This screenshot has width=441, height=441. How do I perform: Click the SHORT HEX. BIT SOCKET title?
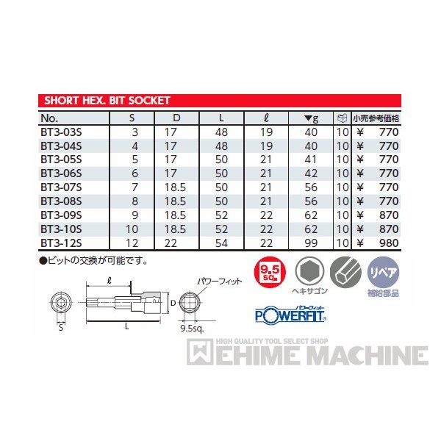click(x=107, y=101)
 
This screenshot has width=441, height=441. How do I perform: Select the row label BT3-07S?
click(x=61, y=187)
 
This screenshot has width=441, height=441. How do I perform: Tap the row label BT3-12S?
click(x=61, y=243)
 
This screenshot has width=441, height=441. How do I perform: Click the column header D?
click(x=176, y=118)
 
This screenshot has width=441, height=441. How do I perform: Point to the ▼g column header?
click(x=312, y=118)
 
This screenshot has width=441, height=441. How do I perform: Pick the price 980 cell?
click(x=389, y=243)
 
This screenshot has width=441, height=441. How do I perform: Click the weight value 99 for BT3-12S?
click(x=311, y=243)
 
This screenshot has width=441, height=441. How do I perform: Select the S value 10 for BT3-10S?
click(x=132, y=229)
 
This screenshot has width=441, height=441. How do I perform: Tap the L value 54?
click(x=221, y=243)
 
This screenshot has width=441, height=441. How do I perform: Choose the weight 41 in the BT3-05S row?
click(x=311, y=159)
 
